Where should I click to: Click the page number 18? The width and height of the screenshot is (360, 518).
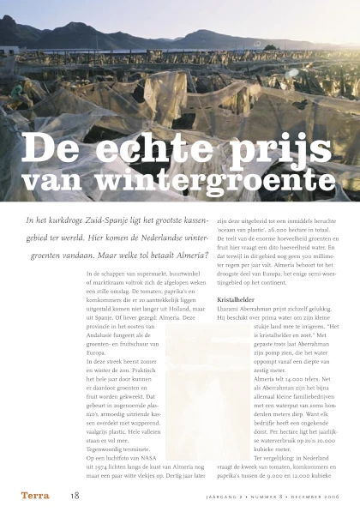(x=75, y=496)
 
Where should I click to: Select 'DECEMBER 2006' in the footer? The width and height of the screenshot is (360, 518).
(x=316, y=497)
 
